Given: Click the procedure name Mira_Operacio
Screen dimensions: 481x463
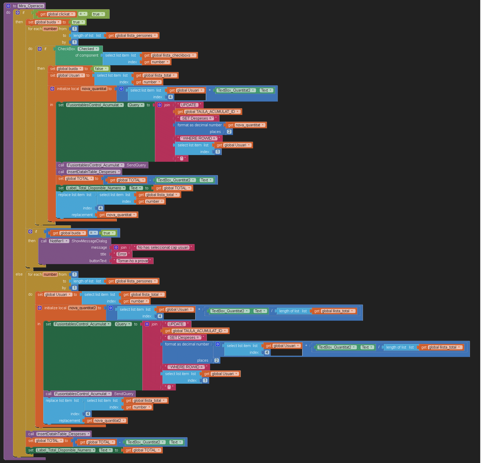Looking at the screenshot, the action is (x=31, y=6).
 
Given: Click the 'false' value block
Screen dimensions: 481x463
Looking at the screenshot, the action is (x=101, y=69).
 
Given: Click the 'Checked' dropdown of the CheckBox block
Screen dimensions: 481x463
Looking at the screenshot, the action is (x=88, y=49).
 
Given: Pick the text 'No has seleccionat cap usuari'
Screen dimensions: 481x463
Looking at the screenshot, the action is (x=163, y=247).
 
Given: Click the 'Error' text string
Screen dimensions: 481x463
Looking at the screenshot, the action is (x=122, y=254).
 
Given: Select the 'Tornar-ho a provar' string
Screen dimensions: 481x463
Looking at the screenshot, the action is (x=133, y=261).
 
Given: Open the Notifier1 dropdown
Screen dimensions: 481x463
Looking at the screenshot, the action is (x=59, y=241).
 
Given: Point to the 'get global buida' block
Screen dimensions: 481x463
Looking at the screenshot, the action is (x=68, y=233).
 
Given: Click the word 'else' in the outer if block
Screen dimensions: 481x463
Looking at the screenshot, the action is (x=19, y=274).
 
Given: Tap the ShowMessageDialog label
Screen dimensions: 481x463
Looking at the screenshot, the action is (x=89, y=241).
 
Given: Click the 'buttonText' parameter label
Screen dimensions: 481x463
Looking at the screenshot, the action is (x=98, y=261).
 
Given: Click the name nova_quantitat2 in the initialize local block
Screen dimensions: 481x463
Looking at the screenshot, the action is (x=83, y=308).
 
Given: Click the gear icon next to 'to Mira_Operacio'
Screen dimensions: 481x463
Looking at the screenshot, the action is (x=8, y=6).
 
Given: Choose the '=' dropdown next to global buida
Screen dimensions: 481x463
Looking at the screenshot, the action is (x=93, y=233).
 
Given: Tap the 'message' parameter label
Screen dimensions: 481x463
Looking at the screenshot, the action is (x=99, y=247).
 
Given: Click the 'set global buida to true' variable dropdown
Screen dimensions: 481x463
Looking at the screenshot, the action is (x=48, y=22).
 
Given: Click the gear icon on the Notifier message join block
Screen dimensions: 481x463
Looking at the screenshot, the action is (x=116, y=247).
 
